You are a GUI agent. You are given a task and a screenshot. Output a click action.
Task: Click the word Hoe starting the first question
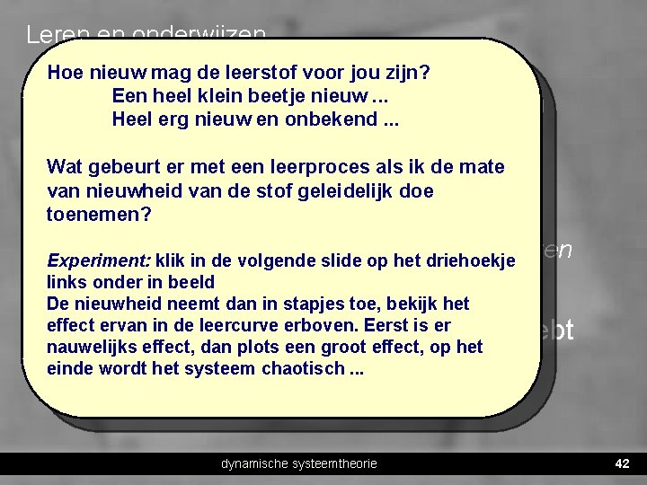click(64, 72)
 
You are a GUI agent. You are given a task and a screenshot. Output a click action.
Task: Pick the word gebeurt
click(117, 167)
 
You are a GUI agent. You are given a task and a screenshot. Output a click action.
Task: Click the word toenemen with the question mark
click(99, 216)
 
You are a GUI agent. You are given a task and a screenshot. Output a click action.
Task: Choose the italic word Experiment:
click(99, 261)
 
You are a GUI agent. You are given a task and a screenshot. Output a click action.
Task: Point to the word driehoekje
click(470, 261)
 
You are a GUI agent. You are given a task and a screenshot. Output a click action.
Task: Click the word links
click(66, 283)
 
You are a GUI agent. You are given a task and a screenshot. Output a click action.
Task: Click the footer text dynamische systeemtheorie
click(299, 463)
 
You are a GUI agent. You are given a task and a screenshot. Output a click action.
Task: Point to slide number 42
click(621, 463)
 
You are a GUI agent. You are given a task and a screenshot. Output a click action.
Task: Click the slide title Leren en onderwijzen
click(146, 34)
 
